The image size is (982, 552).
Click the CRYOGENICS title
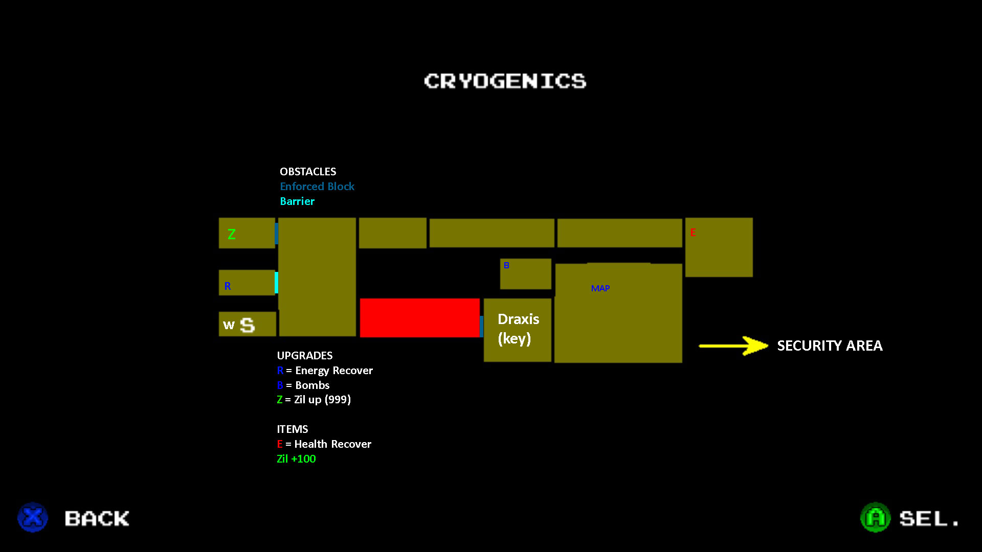tap(505, 81)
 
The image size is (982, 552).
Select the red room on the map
tap(419, 317)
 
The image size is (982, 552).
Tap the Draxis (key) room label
tap(518, 329)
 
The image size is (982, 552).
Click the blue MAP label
tap(600, 288)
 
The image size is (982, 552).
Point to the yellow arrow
tap(733, 346)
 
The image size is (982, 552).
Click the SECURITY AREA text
tap(830, 346)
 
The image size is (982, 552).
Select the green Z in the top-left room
tap(232, 234)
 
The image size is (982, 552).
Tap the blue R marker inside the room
tap(228, 286)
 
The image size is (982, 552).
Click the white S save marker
tap(248, 325)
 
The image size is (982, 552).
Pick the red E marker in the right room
tap(693, 233)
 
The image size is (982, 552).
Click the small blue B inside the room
tap(506, 266)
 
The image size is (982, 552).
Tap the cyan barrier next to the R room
tap(276, 283)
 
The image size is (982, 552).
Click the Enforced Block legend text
tap(317, 187)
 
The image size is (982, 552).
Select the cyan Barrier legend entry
tap(297, 201)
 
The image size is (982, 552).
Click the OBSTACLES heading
tap(308, 172)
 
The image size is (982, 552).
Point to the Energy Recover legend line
tap(325, 371)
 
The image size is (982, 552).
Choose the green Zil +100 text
tap(296, 459)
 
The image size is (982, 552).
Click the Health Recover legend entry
tap(324, 444)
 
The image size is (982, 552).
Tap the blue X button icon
tap(33, 517)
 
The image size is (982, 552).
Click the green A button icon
tap(875, 517)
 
